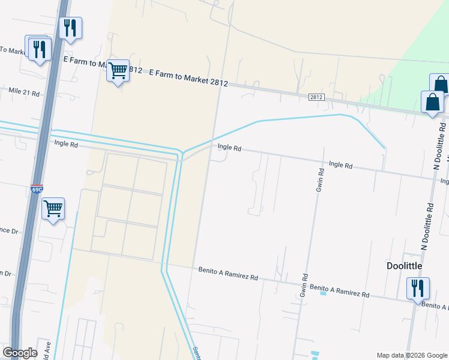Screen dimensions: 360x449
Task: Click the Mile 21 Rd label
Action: pos(24,93)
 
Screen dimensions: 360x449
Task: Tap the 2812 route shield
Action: pos(317,97)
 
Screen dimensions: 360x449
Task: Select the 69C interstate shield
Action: pos(37,189)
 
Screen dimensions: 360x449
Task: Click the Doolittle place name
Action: pos(405,265)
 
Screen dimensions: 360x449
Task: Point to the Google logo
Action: pos(20,353)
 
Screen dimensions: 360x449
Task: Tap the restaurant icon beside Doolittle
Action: pos(417,289)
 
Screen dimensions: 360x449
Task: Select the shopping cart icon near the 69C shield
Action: pos(53,209)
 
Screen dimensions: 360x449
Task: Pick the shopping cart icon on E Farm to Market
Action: pos(118,71)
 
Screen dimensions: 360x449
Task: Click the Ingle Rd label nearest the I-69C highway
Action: pos(66,144)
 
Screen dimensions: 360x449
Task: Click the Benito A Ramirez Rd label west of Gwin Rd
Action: pos(228,274)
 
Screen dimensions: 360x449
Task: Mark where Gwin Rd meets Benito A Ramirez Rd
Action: pos(305,285)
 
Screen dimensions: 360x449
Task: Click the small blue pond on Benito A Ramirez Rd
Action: pos(323,293)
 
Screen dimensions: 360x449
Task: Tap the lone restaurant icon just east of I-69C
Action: pos(71,28)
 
